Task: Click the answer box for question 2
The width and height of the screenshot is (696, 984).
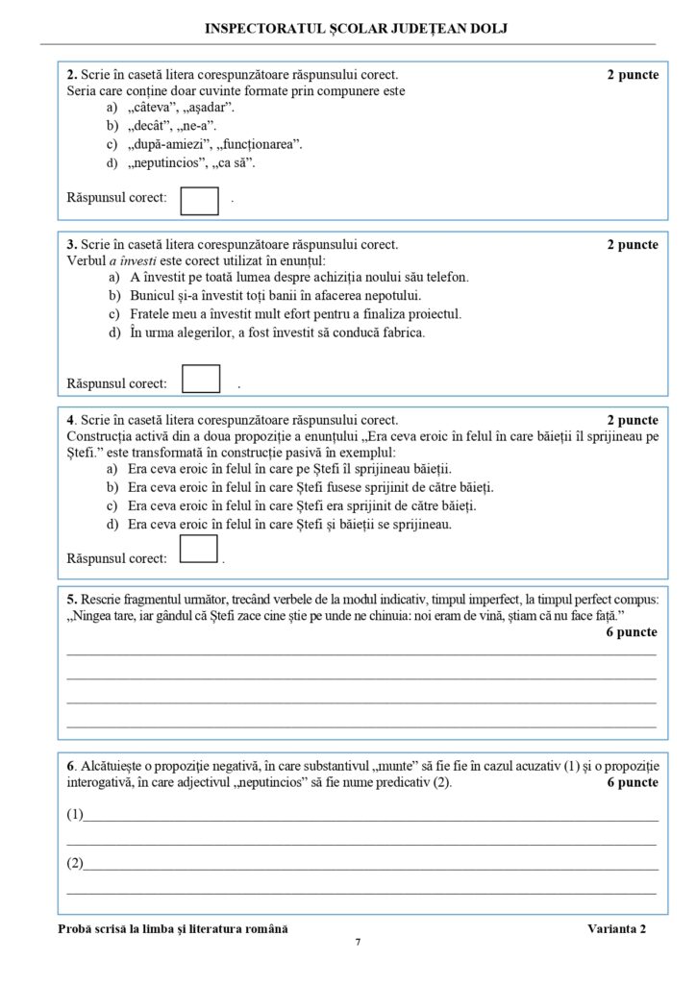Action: (x=200, y=199)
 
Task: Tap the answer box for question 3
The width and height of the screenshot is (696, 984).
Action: (x=201, y=379)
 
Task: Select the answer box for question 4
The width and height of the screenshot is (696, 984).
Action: (x=199, y=549)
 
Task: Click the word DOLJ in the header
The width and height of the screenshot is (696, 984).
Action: (x=487, y=29)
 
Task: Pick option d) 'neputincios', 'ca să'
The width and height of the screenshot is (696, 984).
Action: (x=182, y=163)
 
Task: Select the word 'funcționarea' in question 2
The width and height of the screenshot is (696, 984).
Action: (x=260, y=145)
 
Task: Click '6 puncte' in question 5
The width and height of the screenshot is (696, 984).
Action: (x=632, y=632)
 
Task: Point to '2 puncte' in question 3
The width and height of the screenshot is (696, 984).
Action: (x=633, y=245)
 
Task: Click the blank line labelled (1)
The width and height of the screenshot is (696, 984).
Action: (x=370, y=818)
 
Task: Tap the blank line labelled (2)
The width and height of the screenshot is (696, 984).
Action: (x=370, y=865)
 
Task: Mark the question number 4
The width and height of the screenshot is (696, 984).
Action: (x=70, y=420)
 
